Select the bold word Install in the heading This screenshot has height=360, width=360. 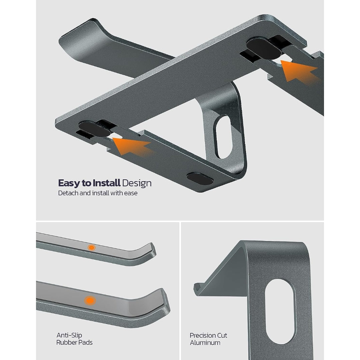click(x=106, y=183)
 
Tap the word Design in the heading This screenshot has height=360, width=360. click(x=137, y=183)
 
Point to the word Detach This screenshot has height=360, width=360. click(x=68, y=193)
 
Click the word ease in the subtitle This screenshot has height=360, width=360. click(x=130, y=193)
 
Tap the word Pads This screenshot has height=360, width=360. click(x=85, y=342)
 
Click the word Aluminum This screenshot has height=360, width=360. click(x=205, y=343)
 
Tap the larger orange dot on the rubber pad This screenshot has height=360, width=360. click(x=90, y=301)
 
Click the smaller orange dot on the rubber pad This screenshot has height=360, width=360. click(x=91, y=247)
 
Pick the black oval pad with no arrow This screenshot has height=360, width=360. click(x=200, y=178)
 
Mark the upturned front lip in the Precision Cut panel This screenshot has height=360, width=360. click(x=198, y=288)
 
